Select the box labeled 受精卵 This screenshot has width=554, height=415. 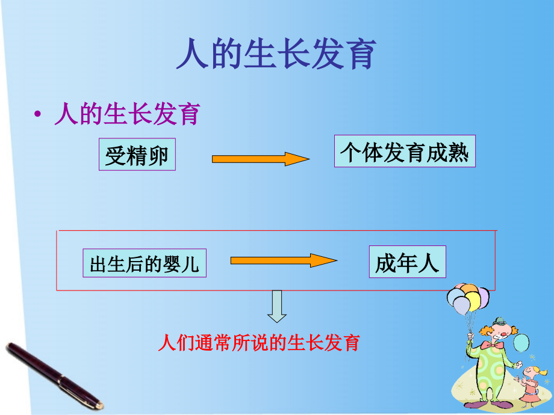[137, 156]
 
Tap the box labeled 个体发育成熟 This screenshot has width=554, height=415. [405, 151]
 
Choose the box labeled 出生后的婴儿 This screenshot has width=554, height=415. [145, 263]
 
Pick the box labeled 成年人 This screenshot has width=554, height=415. [407, 262]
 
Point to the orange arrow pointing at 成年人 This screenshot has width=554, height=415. [283, 260]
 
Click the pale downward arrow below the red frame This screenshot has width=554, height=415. [277, 306]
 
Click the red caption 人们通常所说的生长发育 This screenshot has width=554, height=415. [259, 343]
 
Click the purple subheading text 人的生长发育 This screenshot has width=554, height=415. [126, 114]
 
